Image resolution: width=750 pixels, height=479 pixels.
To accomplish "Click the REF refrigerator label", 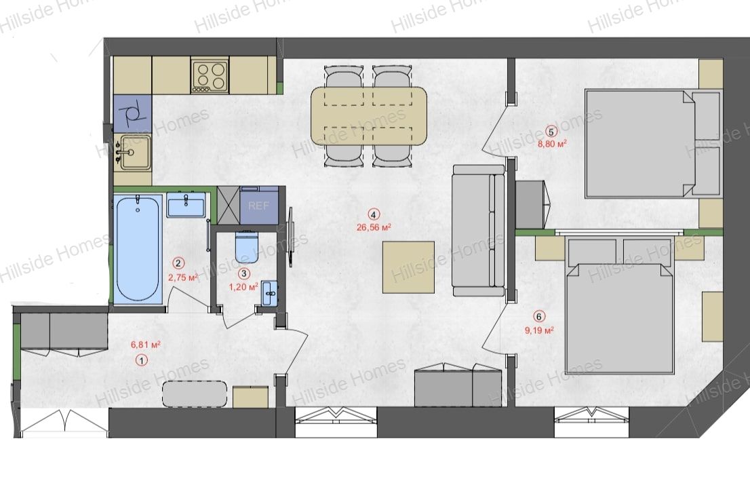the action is [x=258, y=206].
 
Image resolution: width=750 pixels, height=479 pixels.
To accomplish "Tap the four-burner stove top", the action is [x=210, y=75].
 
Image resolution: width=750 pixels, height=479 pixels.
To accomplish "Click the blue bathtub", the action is [x=138, y=248].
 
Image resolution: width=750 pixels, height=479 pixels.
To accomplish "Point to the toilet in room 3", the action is [x=248, y=246].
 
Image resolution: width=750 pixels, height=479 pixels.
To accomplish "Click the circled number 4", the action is [x=373, y=215].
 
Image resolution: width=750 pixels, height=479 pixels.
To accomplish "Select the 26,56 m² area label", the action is [x=374, y=227].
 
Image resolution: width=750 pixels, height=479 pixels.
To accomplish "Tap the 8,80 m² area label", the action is [x=553, y=143].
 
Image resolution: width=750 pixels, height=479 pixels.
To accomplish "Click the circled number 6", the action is [x=539, y=317].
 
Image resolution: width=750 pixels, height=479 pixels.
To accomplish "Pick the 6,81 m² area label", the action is [x=145, y=344].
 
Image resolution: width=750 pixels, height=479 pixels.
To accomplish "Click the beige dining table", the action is [x=368, y=116].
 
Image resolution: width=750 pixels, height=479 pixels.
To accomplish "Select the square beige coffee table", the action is [x=408, y=267].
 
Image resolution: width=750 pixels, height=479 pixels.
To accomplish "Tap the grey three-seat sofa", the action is [x=478, y=231].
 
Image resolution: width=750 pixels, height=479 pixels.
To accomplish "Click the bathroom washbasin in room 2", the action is [x=186, y=205].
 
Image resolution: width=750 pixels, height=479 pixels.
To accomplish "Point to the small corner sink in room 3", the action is [x=269, y=292].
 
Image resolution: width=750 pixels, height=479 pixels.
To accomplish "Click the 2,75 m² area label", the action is [x=183, y=277].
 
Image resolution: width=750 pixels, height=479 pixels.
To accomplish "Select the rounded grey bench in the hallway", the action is [x=195, y=394].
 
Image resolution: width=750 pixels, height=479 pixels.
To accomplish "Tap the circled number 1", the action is [x=142, y=360].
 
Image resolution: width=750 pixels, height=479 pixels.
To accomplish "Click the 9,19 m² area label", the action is [x=539, y=330].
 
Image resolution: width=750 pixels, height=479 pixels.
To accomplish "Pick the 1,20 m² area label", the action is [x=244, y=286].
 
